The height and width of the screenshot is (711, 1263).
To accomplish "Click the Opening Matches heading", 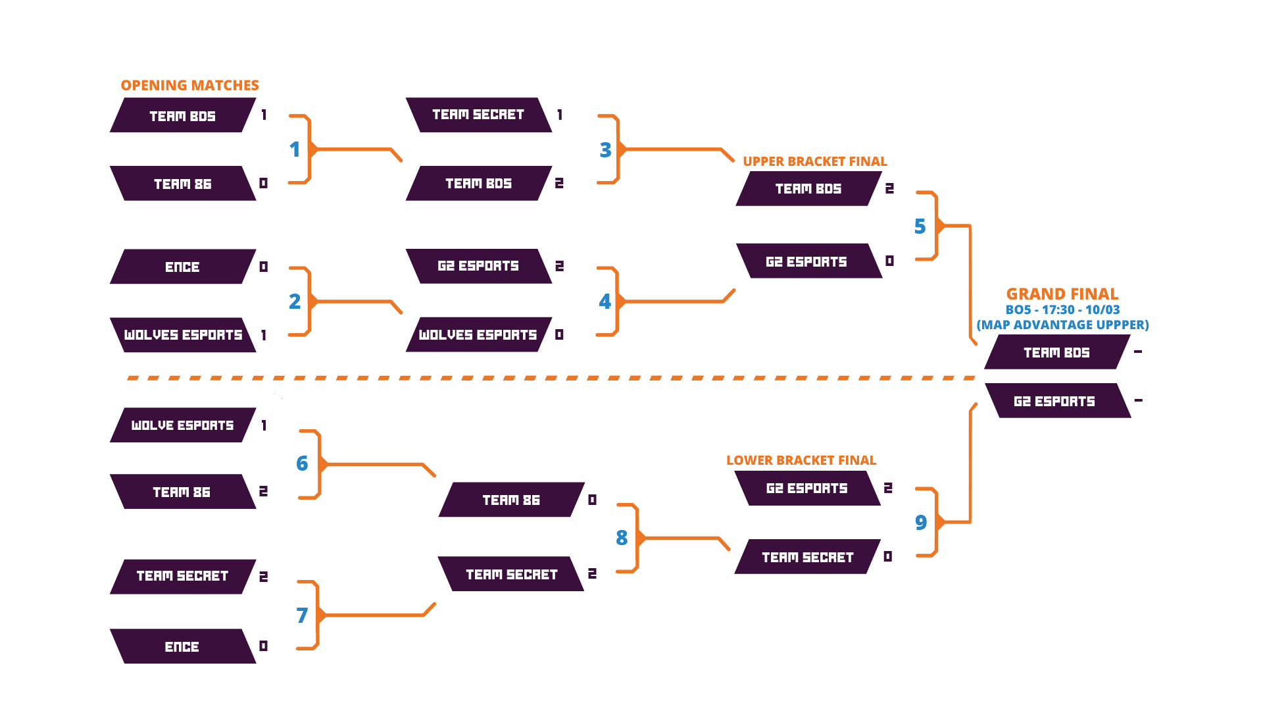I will click(189, 86).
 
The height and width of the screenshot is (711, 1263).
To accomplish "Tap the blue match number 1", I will click(295, 149).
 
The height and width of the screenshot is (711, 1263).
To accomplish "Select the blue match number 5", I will click(920, 226).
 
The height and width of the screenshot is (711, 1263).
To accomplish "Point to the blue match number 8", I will click(622, 538).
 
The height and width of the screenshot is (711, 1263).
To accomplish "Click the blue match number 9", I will click(921, 523).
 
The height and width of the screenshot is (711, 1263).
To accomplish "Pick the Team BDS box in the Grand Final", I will click(1056, 352).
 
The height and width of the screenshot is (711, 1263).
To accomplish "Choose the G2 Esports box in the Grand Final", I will click(1056, 401).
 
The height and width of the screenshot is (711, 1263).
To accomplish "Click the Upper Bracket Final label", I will click(814, 161).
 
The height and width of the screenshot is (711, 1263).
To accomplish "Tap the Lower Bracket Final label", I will click(801, 460).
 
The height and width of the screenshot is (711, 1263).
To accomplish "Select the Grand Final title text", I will click(1062, 294).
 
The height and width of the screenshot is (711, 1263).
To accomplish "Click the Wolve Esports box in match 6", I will click(182, 425).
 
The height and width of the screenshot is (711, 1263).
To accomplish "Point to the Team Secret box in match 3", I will click(478, 115).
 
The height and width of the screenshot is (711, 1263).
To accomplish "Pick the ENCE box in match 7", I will click(182, 646).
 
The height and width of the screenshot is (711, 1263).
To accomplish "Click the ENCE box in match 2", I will click(182, 267).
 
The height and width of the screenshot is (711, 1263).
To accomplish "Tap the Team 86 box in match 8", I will click(511, 500).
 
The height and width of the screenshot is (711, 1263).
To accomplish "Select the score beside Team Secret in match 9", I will click(888, 557).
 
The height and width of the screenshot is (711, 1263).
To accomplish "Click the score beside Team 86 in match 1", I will click(263, 183).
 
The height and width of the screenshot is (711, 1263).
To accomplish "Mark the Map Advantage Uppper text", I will click(1062, 325).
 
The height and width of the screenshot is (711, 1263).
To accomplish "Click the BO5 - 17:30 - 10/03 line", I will click(1062, 309).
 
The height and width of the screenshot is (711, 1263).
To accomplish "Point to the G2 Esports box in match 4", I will click(478, 266).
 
